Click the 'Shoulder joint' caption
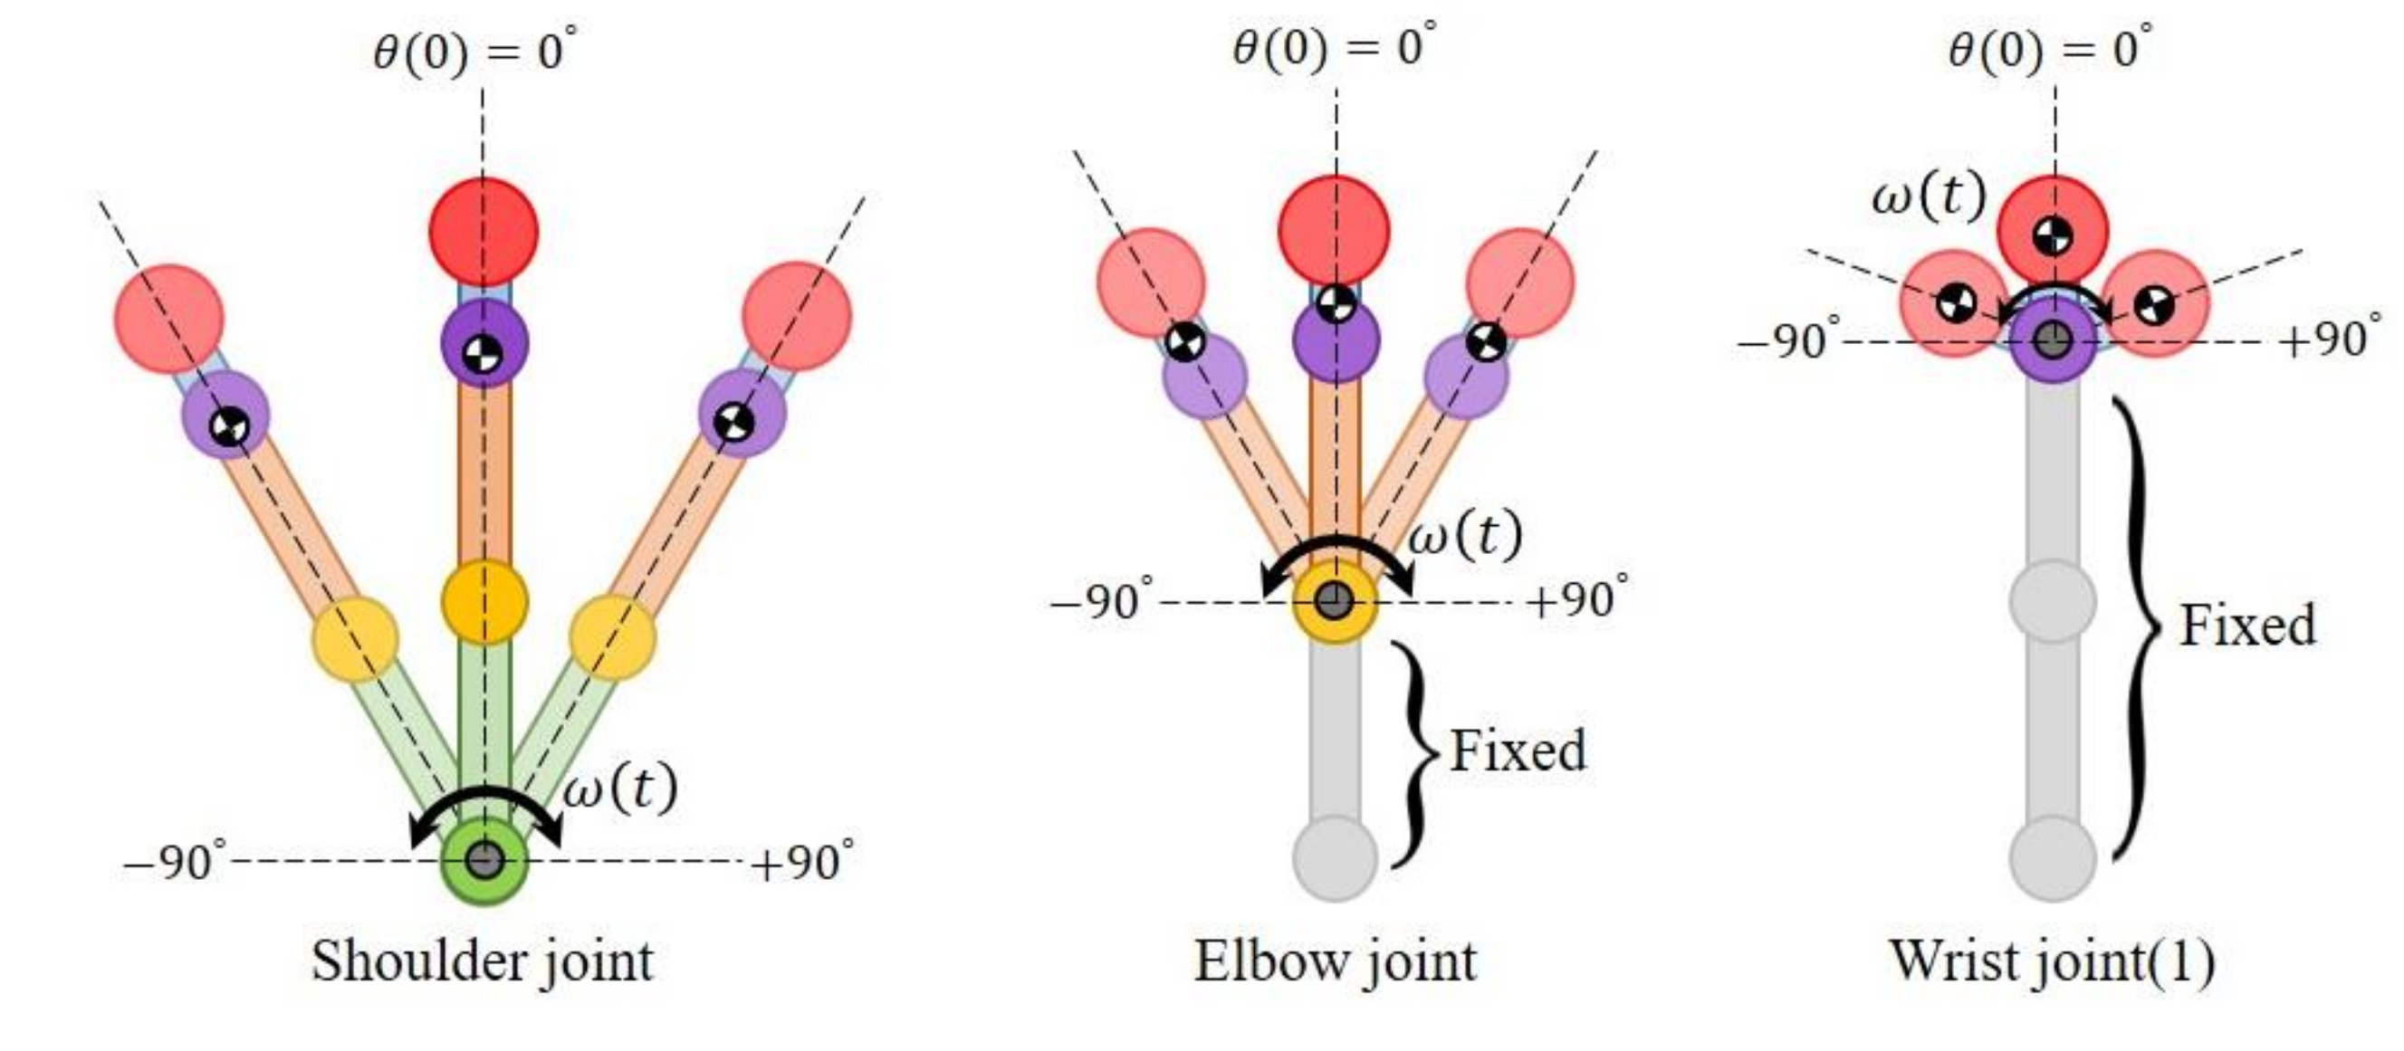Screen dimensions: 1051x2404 pyautogui.click(x=482, y=961)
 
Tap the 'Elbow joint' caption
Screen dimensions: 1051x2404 pyautogui.click(x=1336, y=961)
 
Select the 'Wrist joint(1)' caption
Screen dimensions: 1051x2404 pyautogui.click(x=2052, y=961)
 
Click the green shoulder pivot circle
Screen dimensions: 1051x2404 pyautogui.click(x=484, y=861)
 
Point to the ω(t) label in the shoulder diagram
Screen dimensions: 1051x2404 pyautogui.click(x=620, y=788)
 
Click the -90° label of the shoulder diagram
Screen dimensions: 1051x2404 pyautogui.click(x=175, y=861)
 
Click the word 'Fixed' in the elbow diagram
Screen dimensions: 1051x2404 pyautogui.click(x=1518, y=751)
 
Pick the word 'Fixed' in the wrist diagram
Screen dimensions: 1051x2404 pyautogui.click(x=2247, y=626)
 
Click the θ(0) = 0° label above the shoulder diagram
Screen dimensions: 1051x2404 pyautogui.click(x=475, y=52)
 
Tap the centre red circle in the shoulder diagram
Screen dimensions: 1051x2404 pyautogui.click(x=484, y=231)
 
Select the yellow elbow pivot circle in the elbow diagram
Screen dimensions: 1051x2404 pyautogui.click(x=1335, y=600)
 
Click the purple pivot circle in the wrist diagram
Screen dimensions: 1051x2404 pyautogui.click(x=2051, y=340)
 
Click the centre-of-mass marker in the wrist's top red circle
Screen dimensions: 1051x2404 pyautogui.click(x=2052, y=236)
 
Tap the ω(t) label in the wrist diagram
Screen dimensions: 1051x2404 pyautogui.click(x=1928, y=198)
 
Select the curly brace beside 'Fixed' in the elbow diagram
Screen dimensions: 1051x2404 pyautogui.click(x=1414, y=754)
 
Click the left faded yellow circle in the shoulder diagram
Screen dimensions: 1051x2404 pyautogui.click(x=355, y=640)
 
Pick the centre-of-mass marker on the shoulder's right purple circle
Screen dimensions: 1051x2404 pyautogui.click(x=733, y=421)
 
